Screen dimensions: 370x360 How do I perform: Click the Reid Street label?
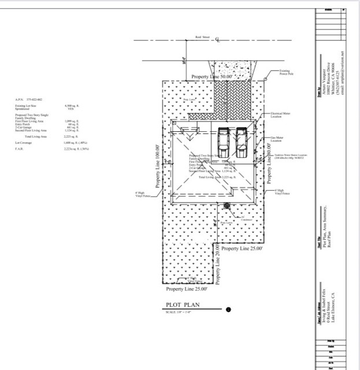tap(202, 36)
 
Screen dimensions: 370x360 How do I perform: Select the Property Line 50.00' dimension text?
tap(212, 76)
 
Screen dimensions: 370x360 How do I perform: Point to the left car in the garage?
tap(224, 142)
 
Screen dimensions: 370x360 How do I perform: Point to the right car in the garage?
tap(242, 142)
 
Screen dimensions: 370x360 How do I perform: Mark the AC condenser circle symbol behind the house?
tap(227, 205)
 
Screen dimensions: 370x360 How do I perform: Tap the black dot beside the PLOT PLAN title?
tap(229, 309)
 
